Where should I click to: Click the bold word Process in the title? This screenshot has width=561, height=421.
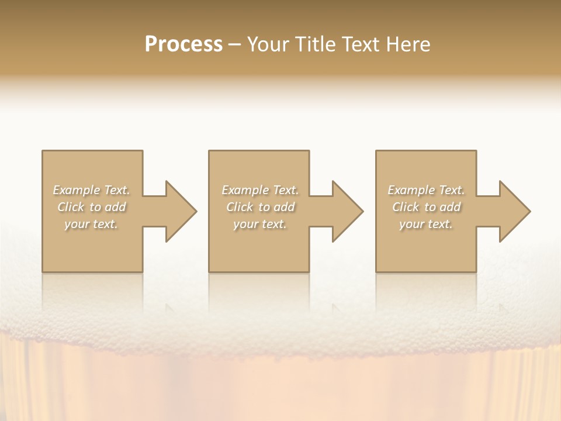click(183, 44)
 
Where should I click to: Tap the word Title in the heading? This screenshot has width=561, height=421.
click(316, 44)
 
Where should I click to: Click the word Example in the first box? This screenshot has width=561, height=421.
click(77, 190)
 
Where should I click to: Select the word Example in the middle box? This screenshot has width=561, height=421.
click(245, 190)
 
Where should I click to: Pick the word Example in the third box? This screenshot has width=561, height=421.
click(411, 190)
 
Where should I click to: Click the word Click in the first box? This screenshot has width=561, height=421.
click(71, 207)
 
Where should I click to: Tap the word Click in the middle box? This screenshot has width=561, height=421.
click(240, 207)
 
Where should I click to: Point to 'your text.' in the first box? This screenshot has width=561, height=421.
click(92, 224)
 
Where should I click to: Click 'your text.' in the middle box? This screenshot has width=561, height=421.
click(260, 224)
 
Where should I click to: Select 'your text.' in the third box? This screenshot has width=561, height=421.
click(426, 224)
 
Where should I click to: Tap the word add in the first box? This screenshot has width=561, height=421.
click(116, 207)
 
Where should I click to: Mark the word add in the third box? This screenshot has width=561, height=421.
click(451, 207)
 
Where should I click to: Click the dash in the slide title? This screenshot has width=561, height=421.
click(234, 44)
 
